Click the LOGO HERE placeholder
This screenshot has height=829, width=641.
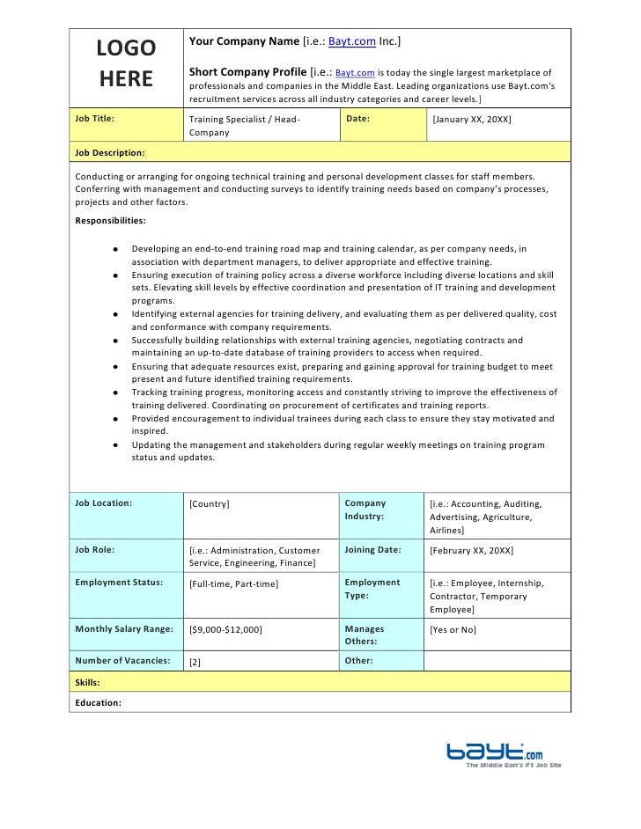126,63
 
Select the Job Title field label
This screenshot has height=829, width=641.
95,117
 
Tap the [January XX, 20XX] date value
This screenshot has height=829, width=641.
471,118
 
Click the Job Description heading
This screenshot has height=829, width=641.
110,152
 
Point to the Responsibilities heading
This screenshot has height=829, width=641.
112,220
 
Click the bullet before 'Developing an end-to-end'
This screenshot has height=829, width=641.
115,250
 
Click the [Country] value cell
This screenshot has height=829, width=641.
210,503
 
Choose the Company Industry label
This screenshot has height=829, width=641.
365,510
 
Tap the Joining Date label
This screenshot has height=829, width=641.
372,550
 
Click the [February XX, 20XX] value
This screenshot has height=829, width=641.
471,550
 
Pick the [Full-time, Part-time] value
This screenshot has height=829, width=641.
234,583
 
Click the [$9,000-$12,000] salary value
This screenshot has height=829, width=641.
226,630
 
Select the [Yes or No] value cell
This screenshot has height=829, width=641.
453,630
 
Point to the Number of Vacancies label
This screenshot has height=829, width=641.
122,660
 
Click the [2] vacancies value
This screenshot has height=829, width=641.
195,662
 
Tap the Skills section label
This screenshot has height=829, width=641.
87,682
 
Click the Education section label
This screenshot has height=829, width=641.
98,702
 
